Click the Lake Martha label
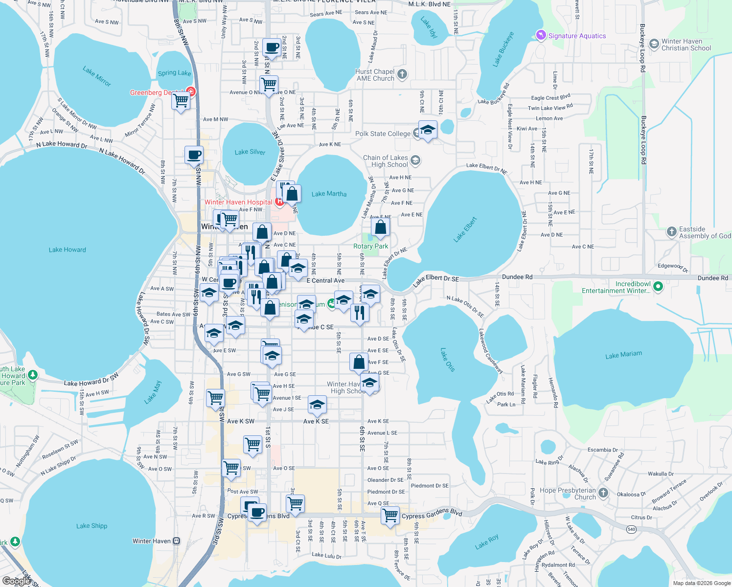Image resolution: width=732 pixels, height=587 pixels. [329, 194]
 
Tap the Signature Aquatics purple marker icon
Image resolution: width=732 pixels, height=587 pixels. [541, 35]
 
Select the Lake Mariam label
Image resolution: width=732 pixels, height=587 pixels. [623, 355]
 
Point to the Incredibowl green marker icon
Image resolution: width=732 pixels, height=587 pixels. [658, 287]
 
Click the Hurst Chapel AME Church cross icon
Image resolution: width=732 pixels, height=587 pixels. [402, 74]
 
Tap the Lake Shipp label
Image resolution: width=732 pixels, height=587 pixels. [91, 526]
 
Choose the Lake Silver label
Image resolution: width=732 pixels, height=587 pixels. [250, 152]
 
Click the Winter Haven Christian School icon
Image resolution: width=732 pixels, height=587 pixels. [654, 45]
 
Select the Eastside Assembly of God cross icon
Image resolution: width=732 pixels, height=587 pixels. [671, 232]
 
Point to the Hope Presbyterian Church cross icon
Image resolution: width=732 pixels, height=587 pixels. [603, 493]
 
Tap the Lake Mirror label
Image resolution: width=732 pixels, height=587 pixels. [97, 76]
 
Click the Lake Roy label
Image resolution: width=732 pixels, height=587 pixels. [487, 541]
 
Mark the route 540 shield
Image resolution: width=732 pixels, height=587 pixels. [632, 529]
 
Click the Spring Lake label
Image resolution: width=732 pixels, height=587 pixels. [174, 73]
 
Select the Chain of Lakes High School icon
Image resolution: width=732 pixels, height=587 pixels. [415, 160]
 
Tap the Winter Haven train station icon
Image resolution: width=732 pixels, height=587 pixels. [177, 541]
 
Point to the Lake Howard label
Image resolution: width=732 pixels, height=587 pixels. [67, 250]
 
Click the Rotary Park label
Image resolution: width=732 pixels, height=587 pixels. [370, 247]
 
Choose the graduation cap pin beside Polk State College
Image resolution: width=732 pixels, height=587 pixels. [428, 130]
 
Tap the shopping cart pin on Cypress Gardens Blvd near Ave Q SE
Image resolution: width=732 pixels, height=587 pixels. [390, 515]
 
